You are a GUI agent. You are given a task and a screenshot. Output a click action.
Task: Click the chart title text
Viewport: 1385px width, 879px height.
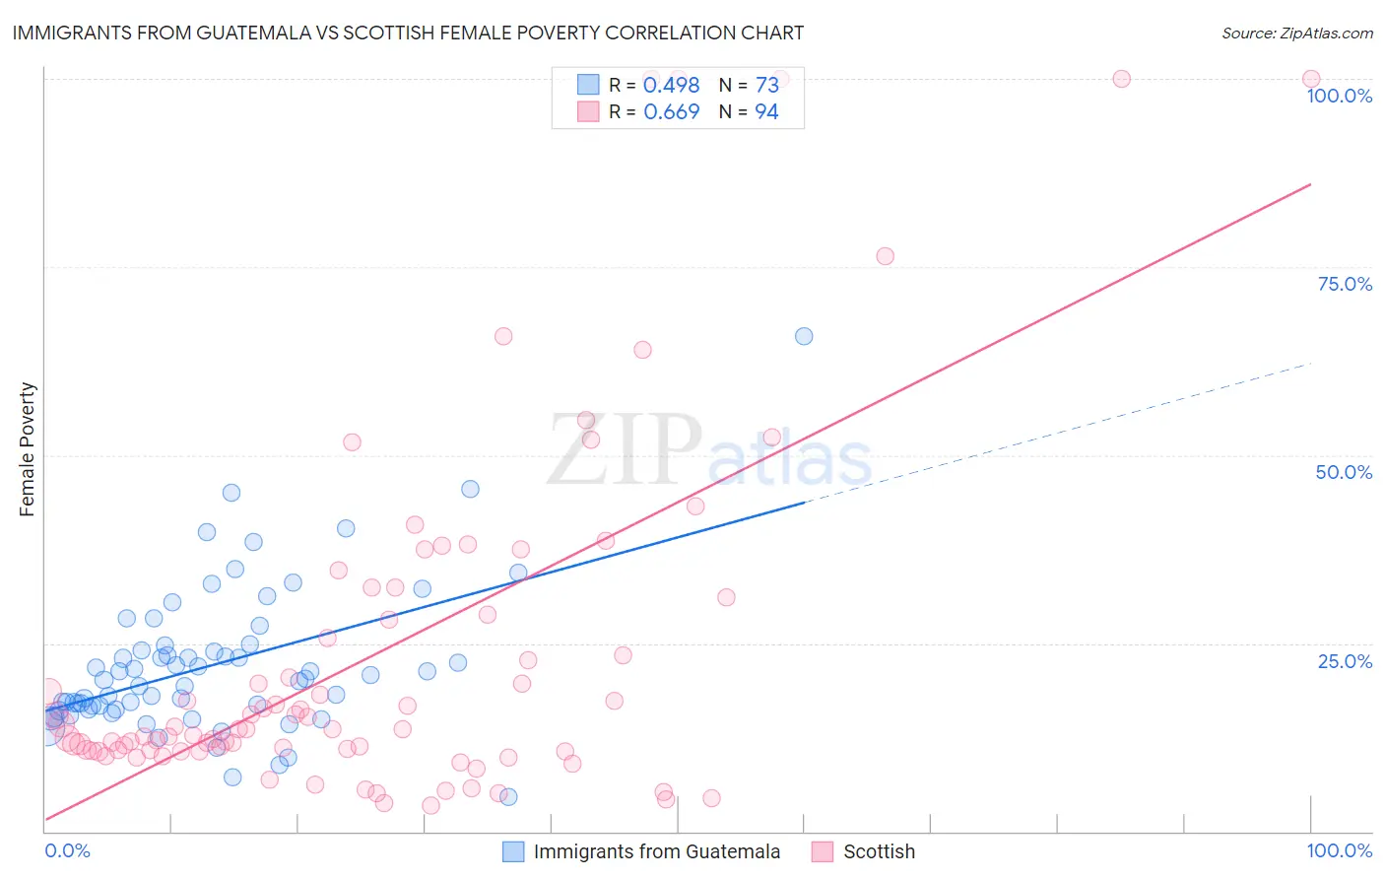pyautogui.click(x=408, y=33)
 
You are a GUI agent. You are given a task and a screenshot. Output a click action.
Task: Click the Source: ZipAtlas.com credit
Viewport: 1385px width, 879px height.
pyautogui.click(x=1296, y=33)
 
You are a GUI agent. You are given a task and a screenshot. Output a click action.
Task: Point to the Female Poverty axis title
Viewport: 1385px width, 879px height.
pyautogui.click(x=27, y=449)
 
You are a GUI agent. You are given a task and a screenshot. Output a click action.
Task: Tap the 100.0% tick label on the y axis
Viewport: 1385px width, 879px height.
pyautogui.click(x=1339, y=96)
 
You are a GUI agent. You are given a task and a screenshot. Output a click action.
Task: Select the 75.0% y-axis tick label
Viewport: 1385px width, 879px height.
pyautogui.click(x=1345, y=284)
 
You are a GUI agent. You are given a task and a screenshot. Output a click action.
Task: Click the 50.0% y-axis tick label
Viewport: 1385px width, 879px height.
pyautogui.click(x=1344, y=472)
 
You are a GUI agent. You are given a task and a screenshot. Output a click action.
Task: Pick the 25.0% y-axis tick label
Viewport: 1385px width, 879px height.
pyautogui.click(x=1345, y=660)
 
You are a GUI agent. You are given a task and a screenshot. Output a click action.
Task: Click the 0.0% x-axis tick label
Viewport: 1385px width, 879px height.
pyautogui.click(x=67, y=850)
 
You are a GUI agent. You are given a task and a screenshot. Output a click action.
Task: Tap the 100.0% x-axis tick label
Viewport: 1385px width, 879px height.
pyautogui.click(x=1339, y=850)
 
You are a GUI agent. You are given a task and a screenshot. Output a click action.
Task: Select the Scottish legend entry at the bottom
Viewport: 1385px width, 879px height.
pyautogui.click(x=879, y=851)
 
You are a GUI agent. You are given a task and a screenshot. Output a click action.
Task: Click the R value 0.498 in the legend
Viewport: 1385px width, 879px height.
pyautogui.click(x=671, y=86)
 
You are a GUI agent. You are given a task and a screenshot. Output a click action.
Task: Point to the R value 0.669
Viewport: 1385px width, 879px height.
pyautogui.click(x=671, y=112)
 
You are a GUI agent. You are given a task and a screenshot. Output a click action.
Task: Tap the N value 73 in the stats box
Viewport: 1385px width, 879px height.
pyautogui.click(x=766, y=86)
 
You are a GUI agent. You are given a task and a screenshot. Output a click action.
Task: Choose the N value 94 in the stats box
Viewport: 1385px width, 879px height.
pyautogui.click(x=766, y=112)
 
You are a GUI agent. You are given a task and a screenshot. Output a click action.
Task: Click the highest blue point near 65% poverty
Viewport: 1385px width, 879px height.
pyautogui.click(x=804, y=336)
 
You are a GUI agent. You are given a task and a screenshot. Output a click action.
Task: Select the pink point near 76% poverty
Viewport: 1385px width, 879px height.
pyautogui.click(x=885, y=256)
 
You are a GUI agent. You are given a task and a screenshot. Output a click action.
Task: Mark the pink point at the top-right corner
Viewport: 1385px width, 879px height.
pyautogui.click(x=1311, y=79)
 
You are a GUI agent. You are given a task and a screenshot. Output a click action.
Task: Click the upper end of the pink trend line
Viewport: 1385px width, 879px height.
pyautogui.click(x=1310, y=184)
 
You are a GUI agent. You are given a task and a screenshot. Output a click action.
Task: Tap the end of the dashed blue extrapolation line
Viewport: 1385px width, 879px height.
pyautogui.click(x=1311, y=364)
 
